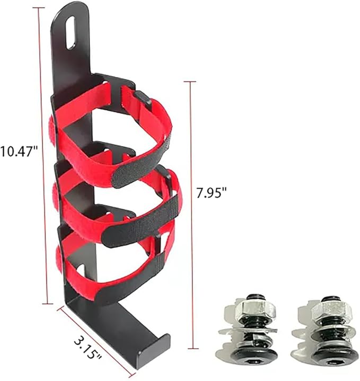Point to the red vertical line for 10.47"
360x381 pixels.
(43, 159)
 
